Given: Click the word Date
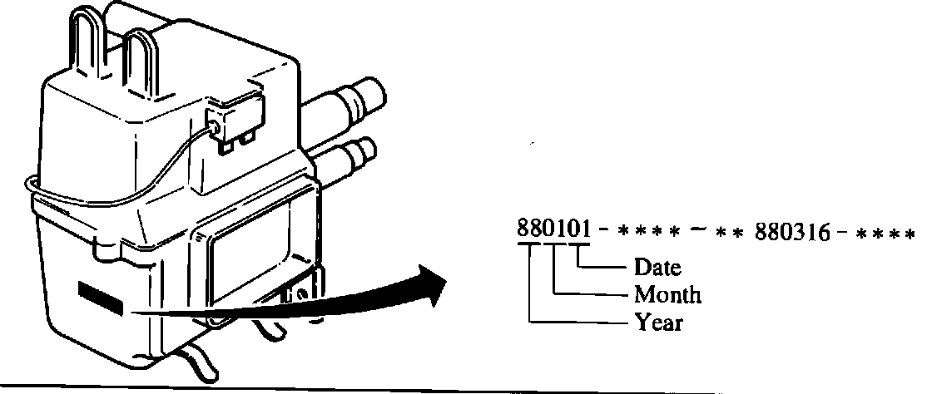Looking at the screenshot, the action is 657,268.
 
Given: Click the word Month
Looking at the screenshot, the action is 667,294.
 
